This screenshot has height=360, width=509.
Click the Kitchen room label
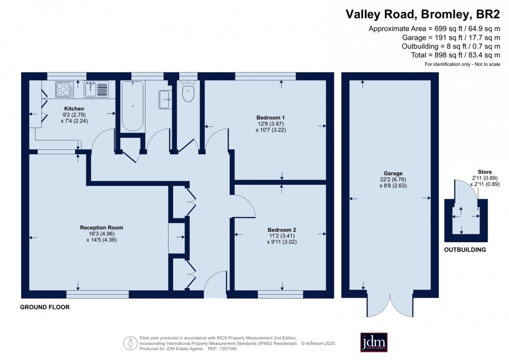[74, 108]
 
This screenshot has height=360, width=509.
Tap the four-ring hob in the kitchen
[63, 89]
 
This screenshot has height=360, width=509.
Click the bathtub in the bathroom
[132, 105]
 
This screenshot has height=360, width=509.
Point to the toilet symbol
[188, 93]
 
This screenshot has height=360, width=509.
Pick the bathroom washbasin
[165, 99]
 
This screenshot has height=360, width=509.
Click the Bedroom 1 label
[267, 117]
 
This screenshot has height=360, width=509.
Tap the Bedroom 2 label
[281, 230]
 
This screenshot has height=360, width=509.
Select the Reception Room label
[101, 228]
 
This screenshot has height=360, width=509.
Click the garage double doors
[390, 305]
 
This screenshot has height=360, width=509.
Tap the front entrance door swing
[216, 283]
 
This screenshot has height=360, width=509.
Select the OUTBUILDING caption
[465, 250]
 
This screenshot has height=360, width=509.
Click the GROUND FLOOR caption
[44, 308]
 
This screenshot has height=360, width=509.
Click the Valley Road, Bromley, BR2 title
[423, 14]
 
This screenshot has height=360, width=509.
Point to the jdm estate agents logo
[374, 342]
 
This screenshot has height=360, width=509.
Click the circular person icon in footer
[130, 343]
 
